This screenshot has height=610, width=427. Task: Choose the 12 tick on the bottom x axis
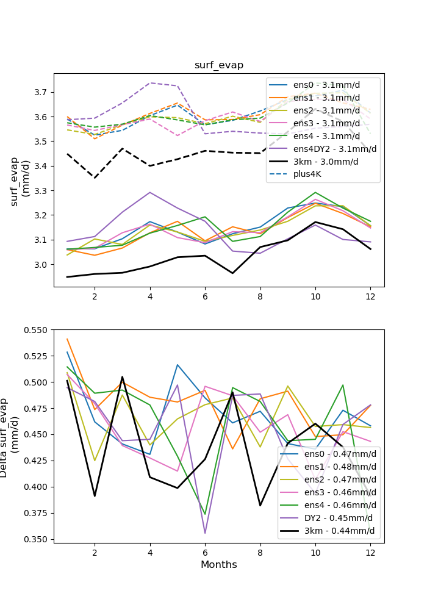click(x=370, y=553)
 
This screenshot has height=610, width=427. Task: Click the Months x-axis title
click(x=219, y=565)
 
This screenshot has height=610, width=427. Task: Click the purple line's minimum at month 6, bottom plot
click(x=205, y=533)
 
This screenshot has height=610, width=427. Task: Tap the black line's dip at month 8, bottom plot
click(x=260, y=505)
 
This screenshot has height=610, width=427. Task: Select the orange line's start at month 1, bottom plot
click(x=67, y=339)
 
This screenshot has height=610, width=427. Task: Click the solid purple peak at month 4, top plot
click(x=150, y=192)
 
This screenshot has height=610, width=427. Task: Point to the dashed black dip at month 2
click(x=95, y=178)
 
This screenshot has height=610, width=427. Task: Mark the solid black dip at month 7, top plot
click(x=232, y=273)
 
